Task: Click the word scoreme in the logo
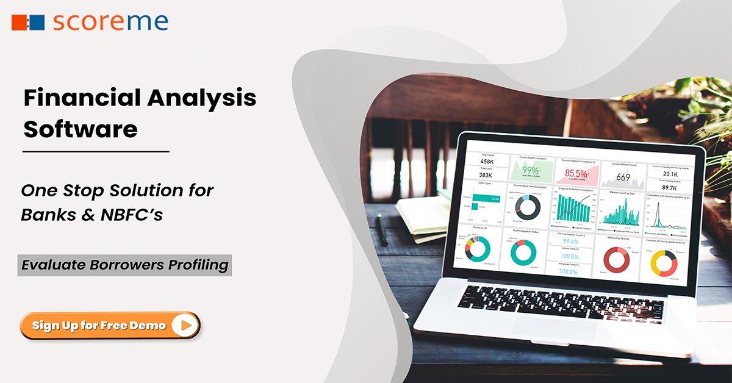click(110, 22)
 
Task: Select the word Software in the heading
click(80, 129)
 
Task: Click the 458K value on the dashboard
click(487, 162)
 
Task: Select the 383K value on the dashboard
click(486, 176)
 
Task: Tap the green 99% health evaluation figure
click(530, 170)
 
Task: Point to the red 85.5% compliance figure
click(576, 174)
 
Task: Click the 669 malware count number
click(623, 177)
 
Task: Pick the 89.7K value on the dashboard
click(669, 188)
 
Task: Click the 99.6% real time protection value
click(571, 242)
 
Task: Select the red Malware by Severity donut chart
click(616, 260)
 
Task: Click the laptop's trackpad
click(555, 329)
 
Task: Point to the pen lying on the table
click(382, 230)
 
